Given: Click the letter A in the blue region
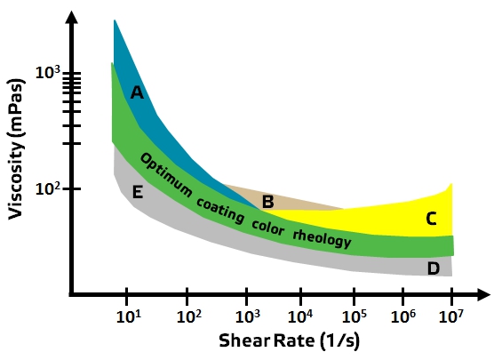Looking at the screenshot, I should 137,92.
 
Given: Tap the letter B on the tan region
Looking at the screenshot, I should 267,202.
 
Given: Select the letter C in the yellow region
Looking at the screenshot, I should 431,218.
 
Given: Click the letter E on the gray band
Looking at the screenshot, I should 137,191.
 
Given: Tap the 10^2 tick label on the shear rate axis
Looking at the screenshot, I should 187,316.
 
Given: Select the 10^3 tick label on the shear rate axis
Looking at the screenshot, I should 246,316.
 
